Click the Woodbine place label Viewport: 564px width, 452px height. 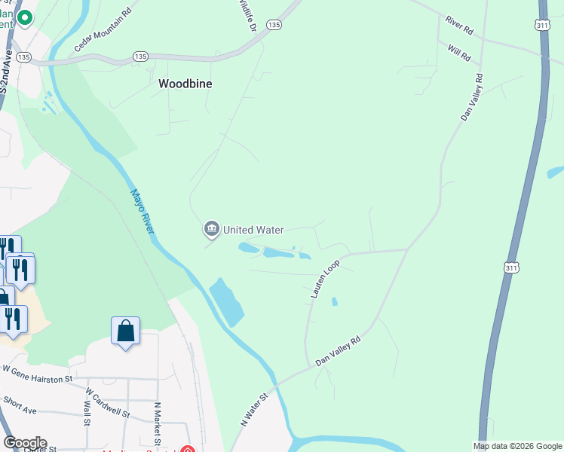(x=185, y=84)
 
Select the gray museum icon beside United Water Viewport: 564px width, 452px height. (x=211, y=228)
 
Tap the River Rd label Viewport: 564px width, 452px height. (x=458, y=26)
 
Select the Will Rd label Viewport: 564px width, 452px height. (x=458, y=52)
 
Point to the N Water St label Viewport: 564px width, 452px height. (x=255, y=410)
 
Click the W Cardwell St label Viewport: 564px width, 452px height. (x=109, y=404)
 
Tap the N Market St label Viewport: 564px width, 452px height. (x=158, y=415)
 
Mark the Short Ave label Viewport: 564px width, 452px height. (x=20, y=407)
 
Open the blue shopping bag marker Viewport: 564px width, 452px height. (x=125, y=331)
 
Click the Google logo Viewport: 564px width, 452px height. (x=24, y=443)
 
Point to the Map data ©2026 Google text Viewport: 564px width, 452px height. (x=517, y=446)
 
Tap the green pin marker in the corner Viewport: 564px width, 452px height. (x=24, y=18)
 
